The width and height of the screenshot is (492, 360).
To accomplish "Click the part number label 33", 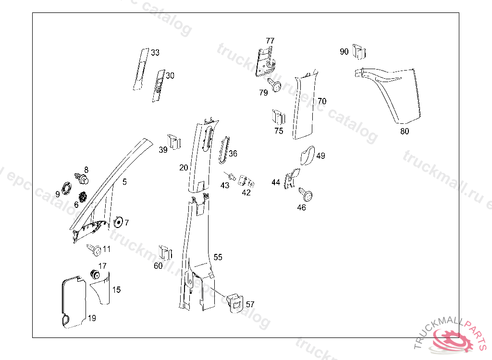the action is pos(155,52).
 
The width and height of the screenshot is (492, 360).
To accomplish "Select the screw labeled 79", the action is pos(274,84).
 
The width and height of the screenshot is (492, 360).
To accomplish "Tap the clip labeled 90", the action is pos(359,51).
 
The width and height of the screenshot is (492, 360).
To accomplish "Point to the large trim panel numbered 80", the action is pos(392,94).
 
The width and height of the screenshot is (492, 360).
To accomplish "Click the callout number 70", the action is pos(322,101).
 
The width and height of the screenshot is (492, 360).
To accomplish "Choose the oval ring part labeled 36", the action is pos(224,150).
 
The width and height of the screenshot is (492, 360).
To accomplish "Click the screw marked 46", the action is pos(306,194).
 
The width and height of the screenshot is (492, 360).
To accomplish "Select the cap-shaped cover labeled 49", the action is pos(307,155).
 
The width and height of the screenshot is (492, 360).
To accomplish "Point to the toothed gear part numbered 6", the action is pos(83,197).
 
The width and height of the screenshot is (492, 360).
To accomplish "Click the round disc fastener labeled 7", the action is pos(118,222).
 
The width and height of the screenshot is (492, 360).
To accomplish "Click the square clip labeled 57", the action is pos(235,302).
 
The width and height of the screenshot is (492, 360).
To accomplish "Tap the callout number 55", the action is pos(218,257).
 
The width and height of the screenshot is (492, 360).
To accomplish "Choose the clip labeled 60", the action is pos(165,252).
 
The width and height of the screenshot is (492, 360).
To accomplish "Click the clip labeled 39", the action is pos(174,142).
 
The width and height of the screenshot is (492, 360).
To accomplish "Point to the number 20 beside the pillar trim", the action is pos(184,168).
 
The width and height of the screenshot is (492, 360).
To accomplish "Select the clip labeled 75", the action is pos(279,117).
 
